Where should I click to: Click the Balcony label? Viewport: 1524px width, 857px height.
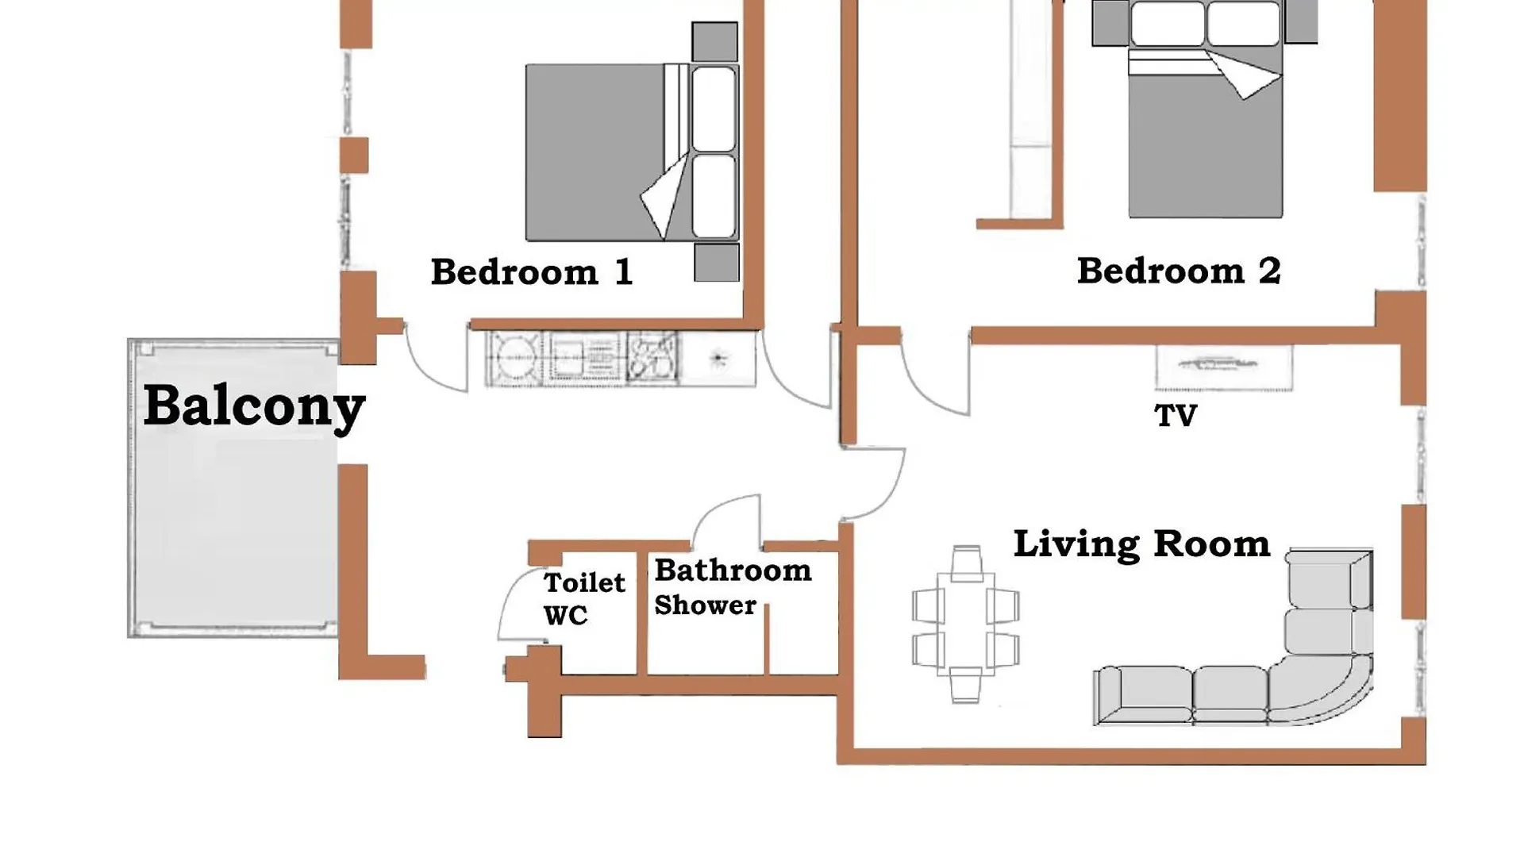(254, 407)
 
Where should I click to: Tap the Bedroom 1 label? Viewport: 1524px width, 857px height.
(532, 272)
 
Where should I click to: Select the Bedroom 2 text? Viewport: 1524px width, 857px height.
(1179, 271)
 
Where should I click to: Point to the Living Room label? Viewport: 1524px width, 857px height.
(1141, 544)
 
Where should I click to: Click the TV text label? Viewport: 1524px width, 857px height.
(1176, 416)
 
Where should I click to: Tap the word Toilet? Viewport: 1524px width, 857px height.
(584, 582)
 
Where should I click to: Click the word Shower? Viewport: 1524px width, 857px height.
(705, 605)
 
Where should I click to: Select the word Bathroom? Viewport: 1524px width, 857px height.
(733, 570)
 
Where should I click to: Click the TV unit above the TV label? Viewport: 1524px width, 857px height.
(1224, 367)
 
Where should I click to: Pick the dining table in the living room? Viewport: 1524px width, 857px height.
(965, 624)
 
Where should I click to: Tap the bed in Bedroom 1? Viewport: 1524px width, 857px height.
(632, 152)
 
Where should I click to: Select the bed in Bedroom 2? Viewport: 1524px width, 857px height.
(1205, 109)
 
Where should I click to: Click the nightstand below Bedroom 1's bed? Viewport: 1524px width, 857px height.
(716, 263)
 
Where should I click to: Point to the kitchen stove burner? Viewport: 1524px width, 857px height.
(514, 358)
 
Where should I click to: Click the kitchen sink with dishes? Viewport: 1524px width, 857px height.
(652, 358)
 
